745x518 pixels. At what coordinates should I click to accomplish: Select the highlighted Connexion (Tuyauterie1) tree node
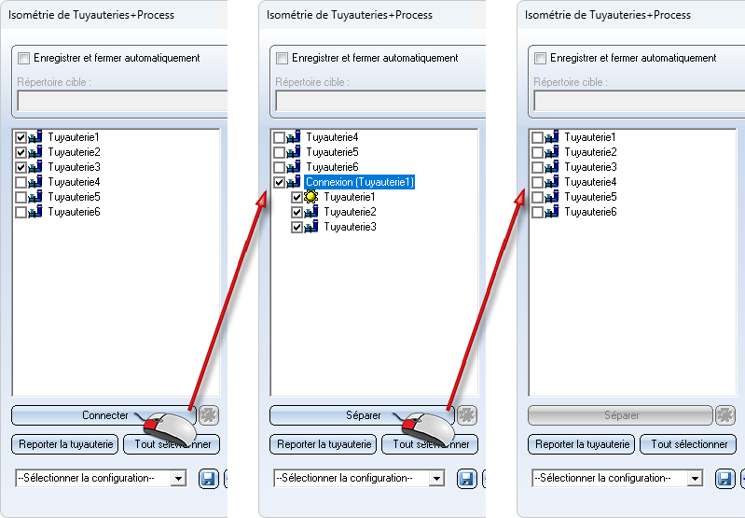point(359,182)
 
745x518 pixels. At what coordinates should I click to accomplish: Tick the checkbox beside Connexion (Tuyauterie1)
point(280,182)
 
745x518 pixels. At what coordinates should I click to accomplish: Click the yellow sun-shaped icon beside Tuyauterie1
point(311,197)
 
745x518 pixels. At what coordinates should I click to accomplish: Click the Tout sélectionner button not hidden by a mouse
point(688,444)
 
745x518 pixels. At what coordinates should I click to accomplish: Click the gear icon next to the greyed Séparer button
point(725,415)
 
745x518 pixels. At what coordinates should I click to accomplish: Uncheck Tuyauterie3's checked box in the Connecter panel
point(21,167)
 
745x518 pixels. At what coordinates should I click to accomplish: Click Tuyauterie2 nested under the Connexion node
point(350,212)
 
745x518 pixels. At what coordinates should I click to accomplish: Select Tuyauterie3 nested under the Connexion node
point(350,227)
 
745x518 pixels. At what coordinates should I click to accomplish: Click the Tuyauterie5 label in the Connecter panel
point(74,197)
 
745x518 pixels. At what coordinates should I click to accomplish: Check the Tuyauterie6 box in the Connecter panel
point(21,212)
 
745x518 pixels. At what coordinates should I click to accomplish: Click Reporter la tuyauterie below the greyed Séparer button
point(581,444)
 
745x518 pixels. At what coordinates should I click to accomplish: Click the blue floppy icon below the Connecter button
point(208,478)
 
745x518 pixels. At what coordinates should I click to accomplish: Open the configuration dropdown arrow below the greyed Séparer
point(694,478)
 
